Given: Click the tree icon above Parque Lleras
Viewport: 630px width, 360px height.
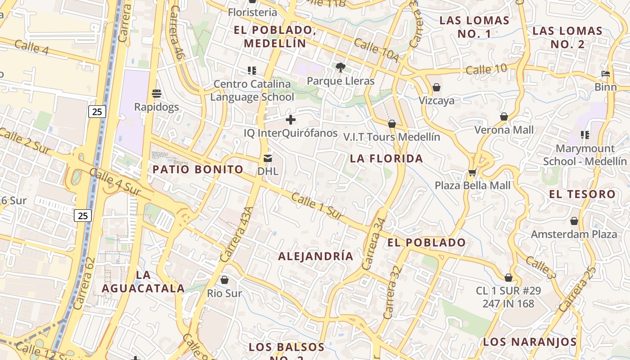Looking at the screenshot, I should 341,68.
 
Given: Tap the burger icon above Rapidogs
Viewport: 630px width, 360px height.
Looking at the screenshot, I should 157,94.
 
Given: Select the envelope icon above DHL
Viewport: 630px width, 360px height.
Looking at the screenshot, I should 268,158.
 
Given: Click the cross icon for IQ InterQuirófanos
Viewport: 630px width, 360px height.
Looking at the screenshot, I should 291,120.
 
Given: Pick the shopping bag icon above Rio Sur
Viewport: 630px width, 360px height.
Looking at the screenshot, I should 224,280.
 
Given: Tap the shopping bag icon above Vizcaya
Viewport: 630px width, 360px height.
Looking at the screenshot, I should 436,87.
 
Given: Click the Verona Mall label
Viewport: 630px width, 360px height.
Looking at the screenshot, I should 504,130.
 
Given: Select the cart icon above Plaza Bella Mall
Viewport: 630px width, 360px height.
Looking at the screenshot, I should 472,172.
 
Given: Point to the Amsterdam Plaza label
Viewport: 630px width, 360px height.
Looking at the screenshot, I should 574,234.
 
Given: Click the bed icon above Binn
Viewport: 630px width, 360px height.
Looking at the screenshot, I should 606,74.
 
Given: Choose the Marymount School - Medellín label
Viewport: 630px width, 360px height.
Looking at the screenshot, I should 585,155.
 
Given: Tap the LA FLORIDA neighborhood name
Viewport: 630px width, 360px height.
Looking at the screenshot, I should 387,158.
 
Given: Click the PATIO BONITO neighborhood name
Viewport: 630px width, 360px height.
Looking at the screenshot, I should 198,170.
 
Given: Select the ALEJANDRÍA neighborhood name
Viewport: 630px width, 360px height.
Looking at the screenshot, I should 315,256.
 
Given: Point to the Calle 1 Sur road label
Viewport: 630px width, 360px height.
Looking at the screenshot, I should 317,207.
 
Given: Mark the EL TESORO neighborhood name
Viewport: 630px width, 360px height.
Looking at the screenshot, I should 582,194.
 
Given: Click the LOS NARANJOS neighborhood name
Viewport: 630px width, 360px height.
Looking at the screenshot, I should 530,342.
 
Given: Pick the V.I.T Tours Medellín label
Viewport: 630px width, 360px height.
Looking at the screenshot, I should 391,137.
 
